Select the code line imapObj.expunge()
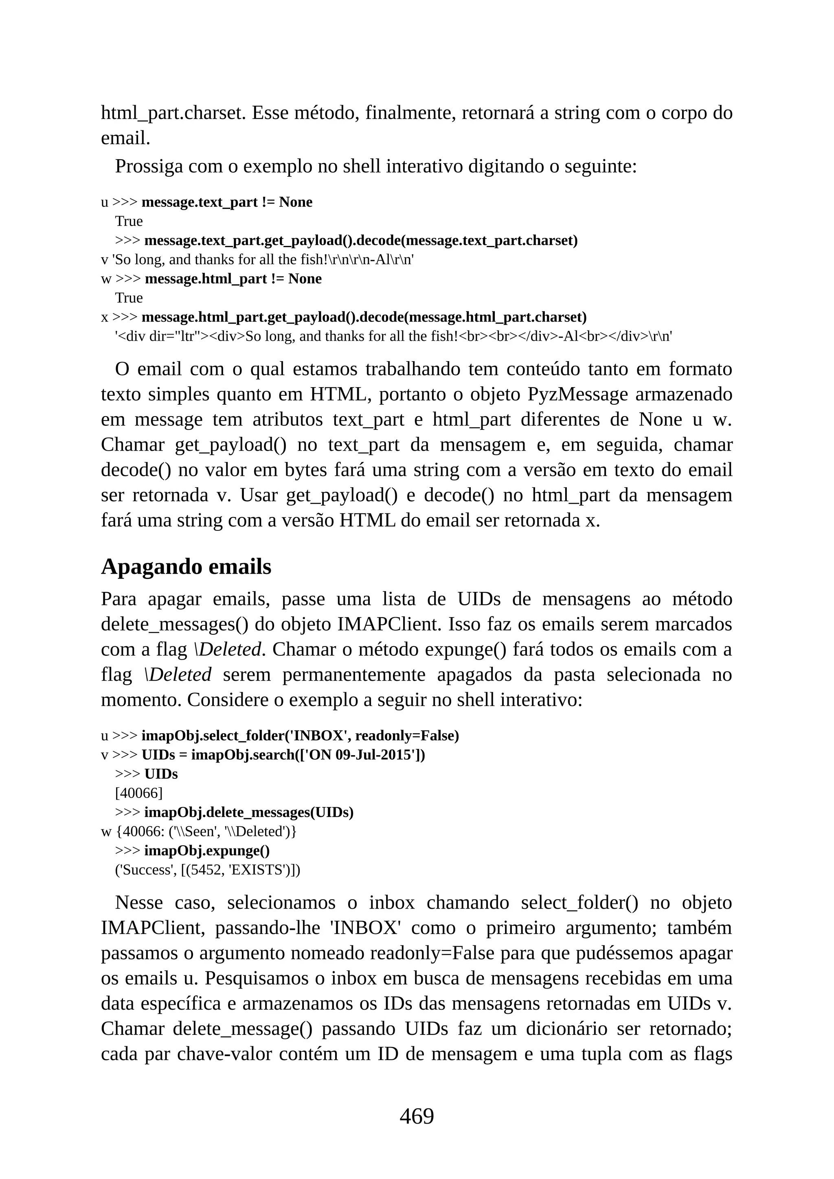pyautogui.click(x=206, y=850)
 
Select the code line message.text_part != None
pyautogui.click(x=226, y=202)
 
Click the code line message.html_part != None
pyautogui.click(x=233, y=279)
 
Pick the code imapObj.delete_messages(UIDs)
pyautogui.click(x=248, y=812)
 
